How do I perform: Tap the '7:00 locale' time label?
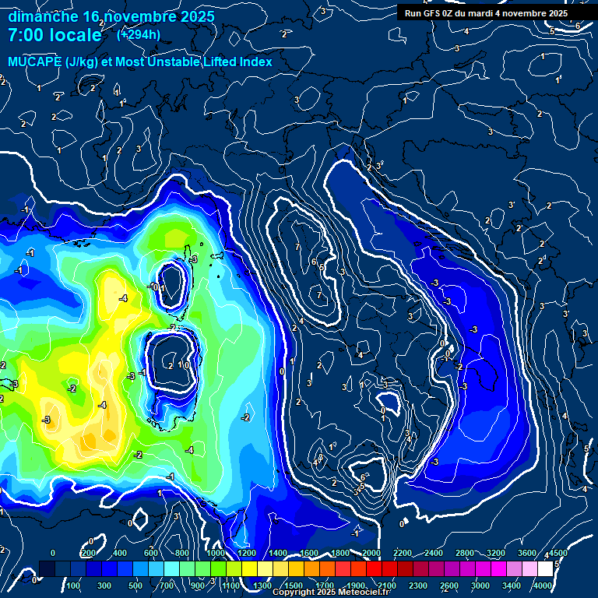point(55,35)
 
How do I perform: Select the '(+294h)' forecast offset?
point(139,34)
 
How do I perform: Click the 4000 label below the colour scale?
point(543,586)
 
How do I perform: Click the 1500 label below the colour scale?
point(294,586)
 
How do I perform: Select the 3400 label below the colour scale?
point(512,586)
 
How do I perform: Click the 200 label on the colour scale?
point(88,553)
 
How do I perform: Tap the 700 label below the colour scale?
point(166,586)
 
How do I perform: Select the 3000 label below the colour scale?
point(480,586)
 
